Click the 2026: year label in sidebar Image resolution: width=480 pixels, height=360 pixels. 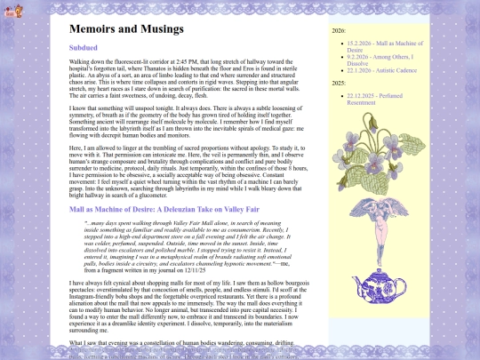[339, 30]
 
